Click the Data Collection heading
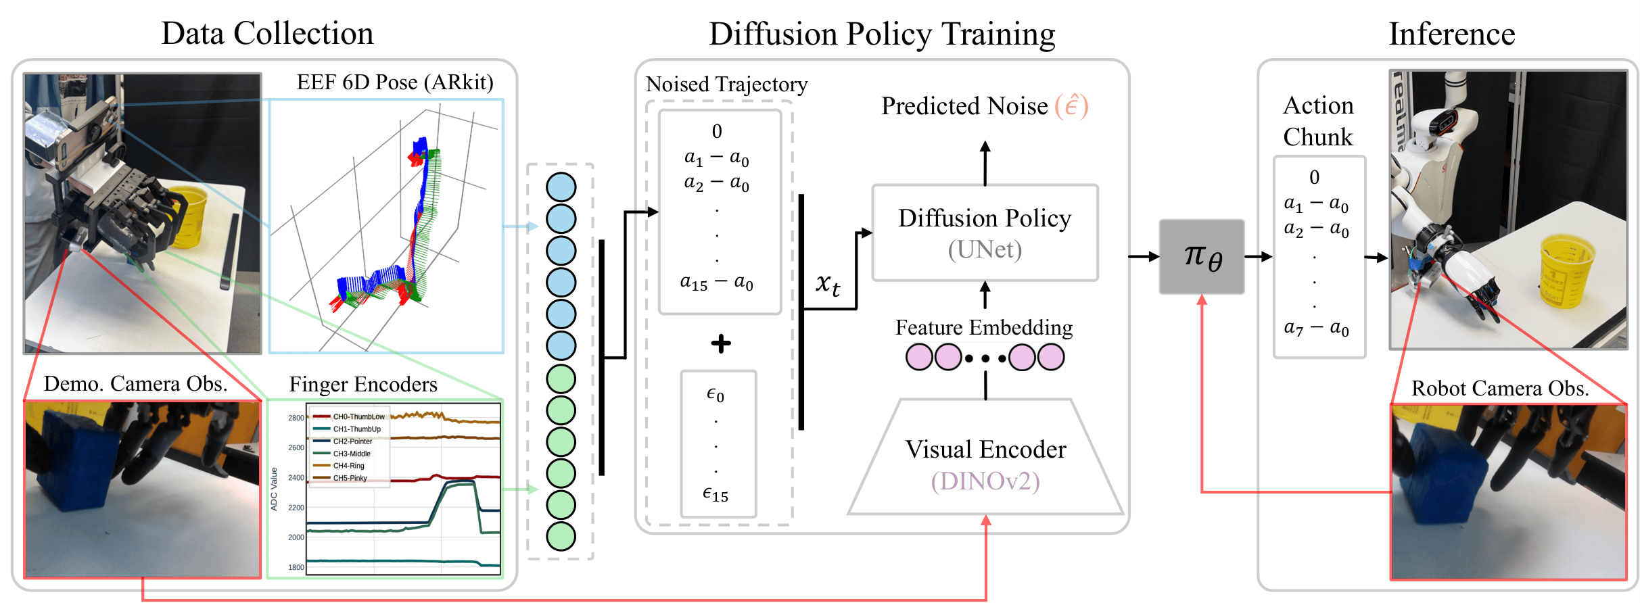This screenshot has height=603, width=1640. coord(267,34)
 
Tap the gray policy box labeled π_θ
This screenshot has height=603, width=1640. coord(1202,257)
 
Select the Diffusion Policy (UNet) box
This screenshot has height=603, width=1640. coord(985,233)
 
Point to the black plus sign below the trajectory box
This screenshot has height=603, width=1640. coord(721,343)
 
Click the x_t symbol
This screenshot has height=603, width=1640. coord(827,283)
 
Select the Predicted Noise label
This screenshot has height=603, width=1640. coord(964,106)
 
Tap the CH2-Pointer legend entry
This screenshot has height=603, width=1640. coord(352,441)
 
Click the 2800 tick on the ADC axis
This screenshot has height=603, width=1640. coord(296,418)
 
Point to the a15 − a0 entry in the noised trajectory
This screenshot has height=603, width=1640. coord(716,283)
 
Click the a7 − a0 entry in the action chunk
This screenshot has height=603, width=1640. coord(1316,329)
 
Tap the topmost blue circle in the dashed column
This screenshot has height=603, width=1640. coord(561,187)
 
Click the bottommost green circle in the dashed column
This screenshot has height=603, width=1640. coord(561,536)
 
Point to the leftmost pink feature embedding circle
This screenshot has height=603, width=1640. coord(919,357)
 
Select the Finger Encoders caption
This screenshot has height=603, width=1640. coord(363,385)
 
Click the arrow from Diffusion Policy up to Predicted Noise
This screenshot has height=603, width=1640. coord(985,162)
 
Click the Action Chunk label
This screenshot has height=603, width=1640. coord(1318,121)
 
